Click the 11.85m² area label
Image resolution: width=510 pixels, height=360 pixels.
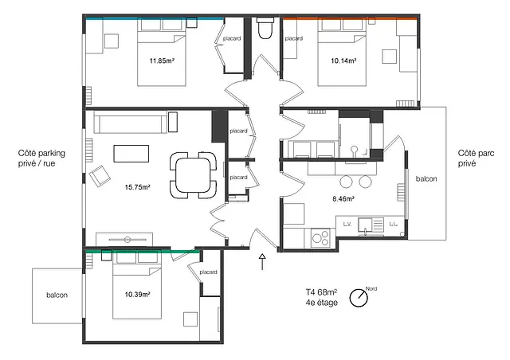point(162,61)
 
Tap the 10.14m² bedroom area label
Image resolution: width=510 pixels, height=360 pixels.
point(343,61)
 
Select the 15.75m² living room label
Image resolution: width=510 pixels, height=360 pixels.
point(137,187)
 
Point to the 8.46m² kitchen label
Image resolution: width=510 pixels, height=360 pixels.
point(343,198)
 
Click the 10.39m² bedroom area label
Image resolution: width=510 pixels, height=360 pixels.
point(137,295)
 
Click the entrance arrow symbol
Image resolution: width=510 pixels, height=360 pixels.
point(262,262)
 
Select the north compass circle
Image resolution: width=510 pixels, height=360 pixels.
point(359,298)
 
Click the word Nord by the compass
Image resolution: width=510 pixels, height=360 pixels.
point(371,289)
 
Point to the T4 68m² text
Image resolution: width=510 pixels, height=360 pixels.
point(321,292)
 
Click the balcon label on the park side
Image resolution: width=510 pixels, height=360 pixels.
point(426,178)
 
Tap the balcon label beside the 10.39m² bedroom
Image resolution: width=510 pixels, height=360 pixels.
point(57,295)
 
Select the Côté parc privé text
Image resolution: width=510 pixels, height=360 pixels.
point(476,158)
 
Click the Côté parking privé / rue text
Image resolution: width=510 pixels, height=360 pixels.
point(41,158)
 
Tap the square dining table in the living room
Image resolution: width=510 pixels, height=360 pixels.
point(193,175)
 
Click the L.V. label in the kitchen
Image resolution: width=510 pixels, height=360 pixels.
point(347,225)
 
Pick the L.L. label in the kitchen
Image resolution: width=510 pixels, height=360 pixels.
point(393,225)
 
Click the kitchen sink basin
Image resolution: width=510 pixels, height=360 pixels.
point(365,225)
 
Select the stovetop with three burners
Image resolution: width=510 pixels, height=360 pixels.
point(320,237)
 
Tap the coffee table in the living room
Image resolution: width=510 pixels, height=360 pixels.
point(131,154)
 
